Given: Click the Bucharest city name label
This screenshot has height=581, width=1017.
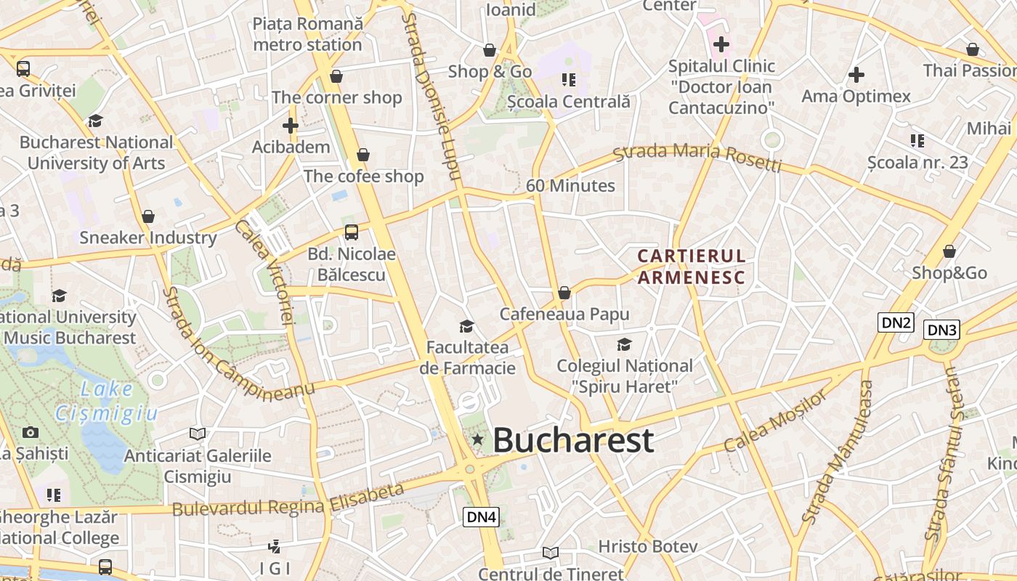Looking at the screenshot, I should (573, 440).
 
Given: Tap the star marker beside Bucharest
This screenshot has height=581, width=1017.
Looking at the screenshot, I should (477, 439).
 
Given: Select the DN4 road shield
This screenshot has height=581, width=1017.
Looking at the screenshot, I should (482, 517).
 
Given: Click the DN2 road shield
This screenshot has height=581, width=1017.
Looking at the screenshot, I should (895, 322).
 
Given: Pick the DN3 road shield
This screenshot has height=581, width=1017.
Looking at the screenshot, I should (942, 330).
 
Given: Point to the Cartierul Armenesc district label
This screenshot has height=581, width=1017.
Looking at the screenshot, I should (691, 266).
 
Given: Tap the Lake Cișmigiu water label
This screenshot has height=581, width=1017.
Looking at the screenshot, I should (107, 401).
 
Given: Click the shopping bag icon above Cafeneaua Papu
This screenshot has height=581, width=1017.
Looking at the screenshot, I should (564, 293).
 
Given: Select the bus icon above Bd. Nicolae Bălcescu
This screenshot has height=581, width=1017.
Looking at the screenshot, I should (352, 232).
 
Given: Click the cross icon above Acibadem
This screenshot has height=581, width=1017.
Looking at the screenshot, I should (291, 126).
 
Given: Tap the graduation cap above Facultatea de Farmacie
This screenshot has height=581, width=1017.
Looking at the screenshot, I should (466, 327).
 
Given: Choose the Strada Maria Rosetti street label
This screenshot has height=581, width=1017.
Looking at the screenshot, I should (697, 158).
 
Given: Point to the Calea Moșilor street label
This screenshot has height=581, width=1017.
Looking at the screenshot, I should (775, 420).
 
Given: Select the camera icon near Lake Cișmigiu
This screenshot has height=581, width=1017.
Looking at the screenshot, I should (30, 432).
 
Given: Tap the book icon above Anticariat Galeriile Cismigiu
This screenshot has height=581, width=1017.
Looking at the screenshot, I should (197, 434).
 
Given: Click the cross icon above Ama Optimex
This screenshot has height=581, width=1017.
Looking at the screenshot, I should (856, 74).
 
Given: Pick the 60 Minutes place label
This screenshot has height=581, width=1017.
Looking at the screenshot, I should (570, 186).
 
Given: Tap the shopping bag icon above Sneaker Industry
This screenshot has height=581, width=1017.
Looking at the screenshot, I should (148, 216).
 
